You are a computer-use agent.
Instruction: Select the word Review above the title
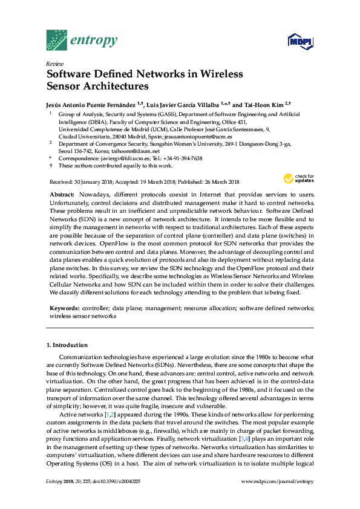(x=55, y=63)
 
